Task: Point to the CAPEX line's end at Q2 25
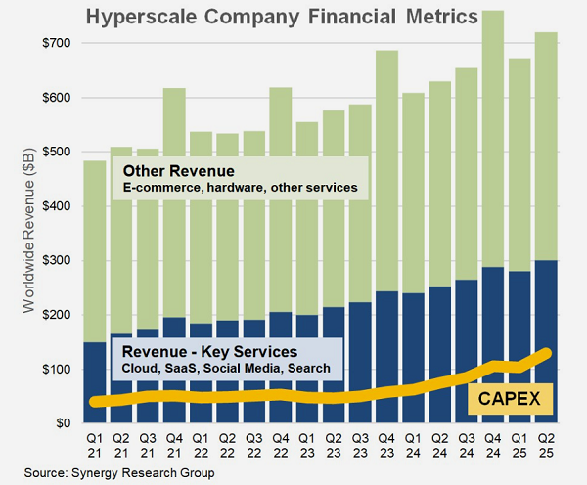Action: [547, 353]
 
